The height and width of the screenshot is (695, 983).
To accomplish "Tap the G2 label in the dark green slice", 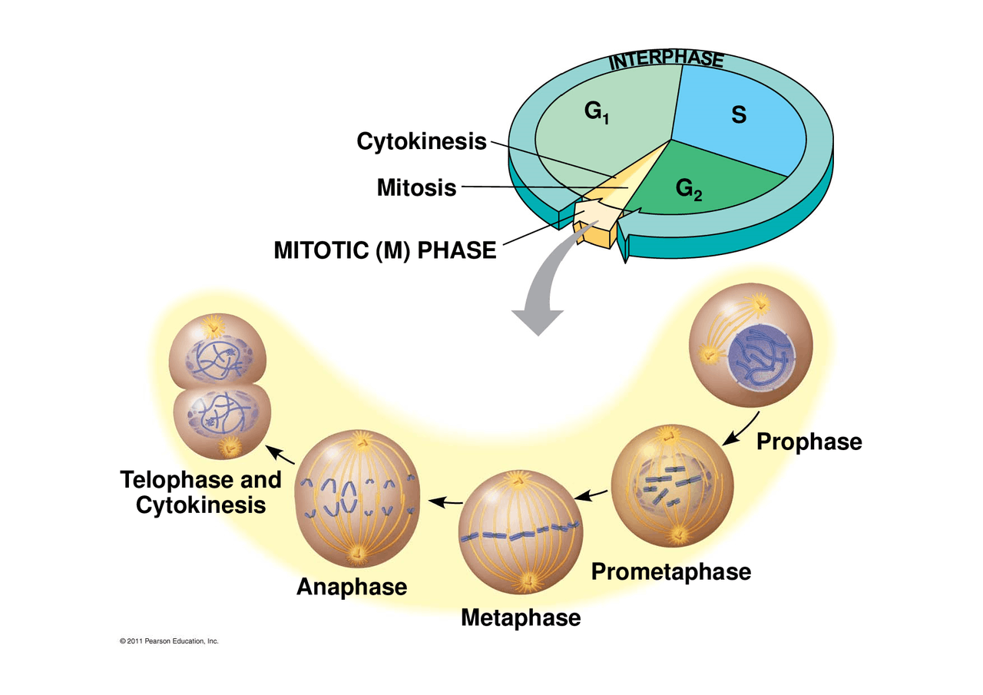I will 689,188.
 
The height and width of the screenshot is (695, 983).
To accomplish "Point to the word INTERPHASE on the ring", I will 667,60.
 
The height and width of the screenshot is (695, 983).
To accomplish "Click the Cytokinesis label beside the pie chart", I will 422,142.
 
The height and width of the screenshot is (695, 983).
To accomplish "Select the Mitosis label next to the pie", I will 416,187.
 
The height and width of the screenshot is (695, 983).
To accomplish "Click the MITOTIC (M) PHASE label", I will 385,250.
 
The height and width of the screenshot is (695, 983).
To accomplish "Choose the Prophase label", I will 809,442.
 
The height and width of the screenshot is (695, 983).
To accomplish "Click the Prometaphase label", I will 670,571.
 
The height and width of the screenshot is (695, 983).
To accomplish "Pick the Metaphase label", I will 521,617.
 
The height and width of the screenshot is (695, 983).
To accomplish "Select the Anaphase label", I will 352,587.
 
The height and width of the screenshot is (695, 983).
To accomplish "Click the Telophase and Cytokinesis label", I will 201,492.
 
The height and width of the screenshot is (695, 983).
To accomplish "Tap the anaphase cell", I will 357,500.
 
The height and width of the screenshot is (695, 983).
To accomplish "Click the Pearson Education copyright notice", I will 170,640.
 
